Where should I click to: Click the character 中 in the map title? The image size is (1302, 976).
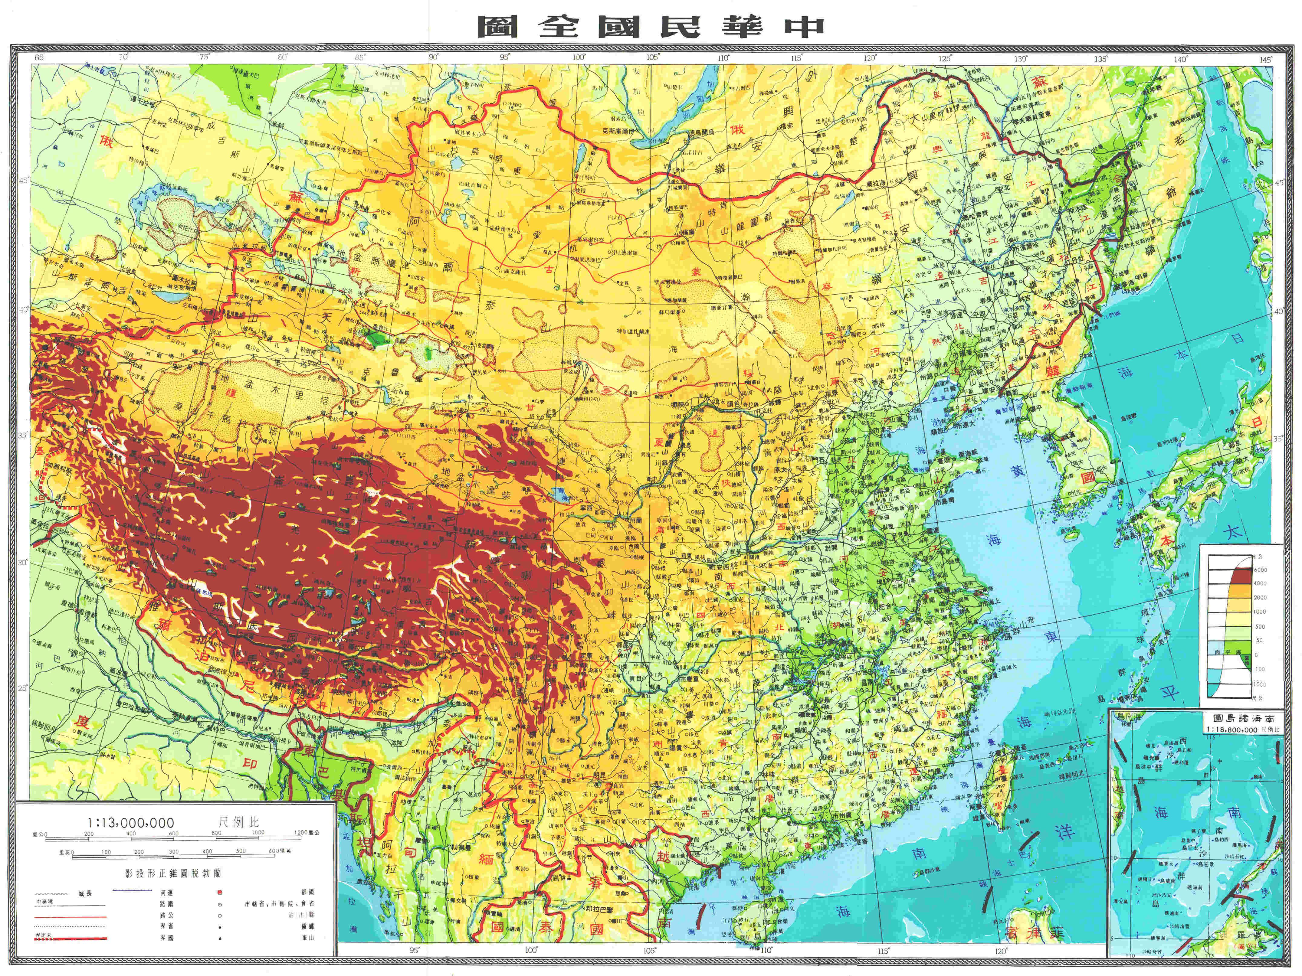[x=804, y=27]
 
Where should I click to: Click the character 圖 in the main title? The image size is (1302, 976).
[x=497, y=27]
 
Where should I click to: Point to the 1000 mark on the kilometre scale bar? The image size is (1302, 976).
[x=258, y=833]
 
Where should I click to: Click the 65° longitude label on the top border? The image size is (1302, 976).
[x=39, y=57]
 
